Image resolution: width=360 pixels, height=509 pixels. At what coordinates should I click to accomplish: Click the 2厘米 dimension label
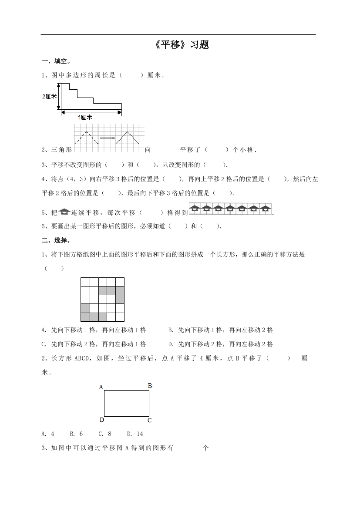pos(50,96)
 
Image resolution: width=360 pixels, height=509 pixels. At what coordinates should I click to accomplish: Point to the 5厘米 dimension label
pos(84,117)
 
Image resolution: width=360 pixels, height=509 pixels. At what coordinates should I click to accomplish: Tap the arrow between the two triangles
pos(108,138)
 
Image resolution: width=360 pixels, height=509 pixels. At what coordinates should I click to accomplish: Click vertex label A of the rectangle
pos(101,387)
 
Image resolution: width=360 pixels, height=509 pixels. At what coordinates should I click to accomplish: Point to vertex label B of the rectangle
pos(150,385)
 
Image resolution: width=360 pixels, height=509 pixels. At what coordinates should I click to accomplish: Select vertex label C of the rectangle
pos(149,420)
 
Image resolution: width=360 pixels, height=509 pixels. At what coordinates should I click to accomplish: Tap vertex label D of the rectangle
pos(101,420)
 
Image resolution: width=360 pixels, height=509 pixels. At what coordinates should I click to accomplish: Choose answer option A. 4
pos(48,434)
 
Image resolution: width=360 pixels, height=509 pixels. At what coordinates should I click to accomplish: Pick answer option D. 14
pos(135,434)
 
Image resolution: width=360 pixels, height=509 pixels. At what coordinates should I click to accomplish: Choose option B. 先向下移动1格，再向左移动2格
pos(221,330)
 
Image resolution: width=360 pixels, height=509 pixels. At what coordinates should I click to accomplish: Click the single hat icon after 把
pos(64,212)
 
